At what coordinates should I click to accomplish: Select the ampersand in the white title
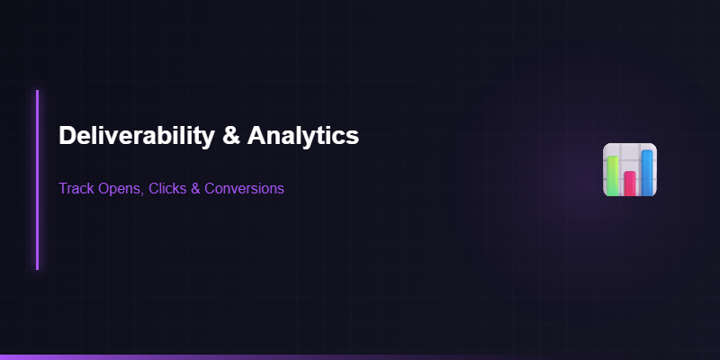[x=229, y=136]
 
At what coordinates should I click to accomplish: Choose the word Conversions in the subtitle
[x=245, y=189]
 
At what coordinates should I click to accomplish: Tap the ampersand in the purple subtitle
[x=197, y=189]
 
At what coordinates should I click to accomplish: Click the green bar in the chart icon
[x=613, y=175]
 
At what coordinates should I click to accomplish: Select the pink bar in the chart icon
[x=630, y=183]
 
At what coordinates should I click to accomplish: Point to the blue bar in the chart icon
[x=647, y=172]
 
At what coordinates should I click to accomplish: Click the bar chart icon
[x=630, y=169]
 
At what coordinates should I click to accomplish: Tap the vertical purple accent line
[x=37, y=180]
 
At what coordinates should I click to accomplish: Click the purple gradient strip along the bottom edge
[x=180, y=357]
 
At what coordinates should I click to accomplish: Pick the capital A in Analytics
[x=256, y=136]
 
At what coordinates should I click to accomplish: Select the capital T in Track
[x=63, y=189]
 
